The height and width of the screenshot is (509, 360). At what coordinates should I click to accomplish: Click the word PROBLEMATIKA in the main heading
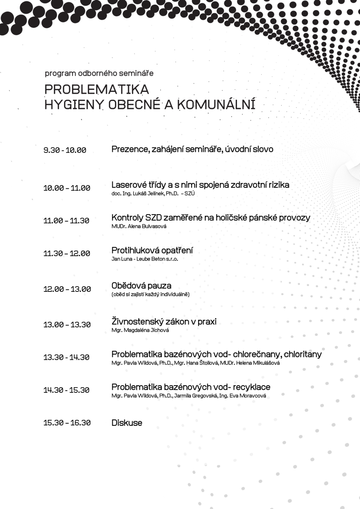[x=97, y=89]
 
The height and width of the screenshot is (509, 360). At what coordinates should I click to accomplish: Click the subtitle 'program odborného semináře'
[x=99, y=73]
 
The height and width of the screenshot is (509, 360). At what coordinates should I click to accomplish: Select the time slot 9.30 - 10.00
[x=64, y=150]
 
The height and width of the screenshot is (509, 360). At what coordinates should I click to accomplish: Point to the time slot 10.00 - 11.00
[x=67, y=188]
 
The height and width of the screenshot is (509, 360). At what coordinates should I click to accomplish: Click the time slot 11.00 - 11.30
[x=66, y=221]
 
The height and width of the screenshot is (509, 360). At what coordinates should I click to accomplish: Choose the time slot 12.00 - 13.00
[x=67, y=289]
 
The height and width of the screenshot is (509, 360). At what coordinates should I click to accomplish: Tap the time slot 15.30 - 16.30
[x=67, y=423]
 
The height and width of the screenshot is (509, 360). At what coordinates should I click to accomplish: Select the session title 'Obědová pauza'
[x=141, y=285]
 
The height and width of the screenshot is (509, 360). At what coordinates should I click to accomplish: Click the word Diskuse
[x=127, y=423]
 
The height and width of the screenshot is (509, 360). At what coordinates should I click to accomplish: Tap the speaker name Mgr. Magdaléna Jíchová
[x=140, y=330]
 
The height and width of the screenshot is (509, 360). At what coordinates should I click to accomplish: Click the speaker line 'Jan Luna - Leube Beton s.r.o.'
[x=145, y=259]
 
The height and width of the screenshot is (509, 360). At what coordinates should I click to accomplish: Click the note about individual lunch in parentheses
[x=150, y=294]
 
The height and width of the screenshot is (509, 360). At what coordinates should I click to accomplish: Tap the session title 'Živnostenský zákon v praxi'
[x=164, y=322]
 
